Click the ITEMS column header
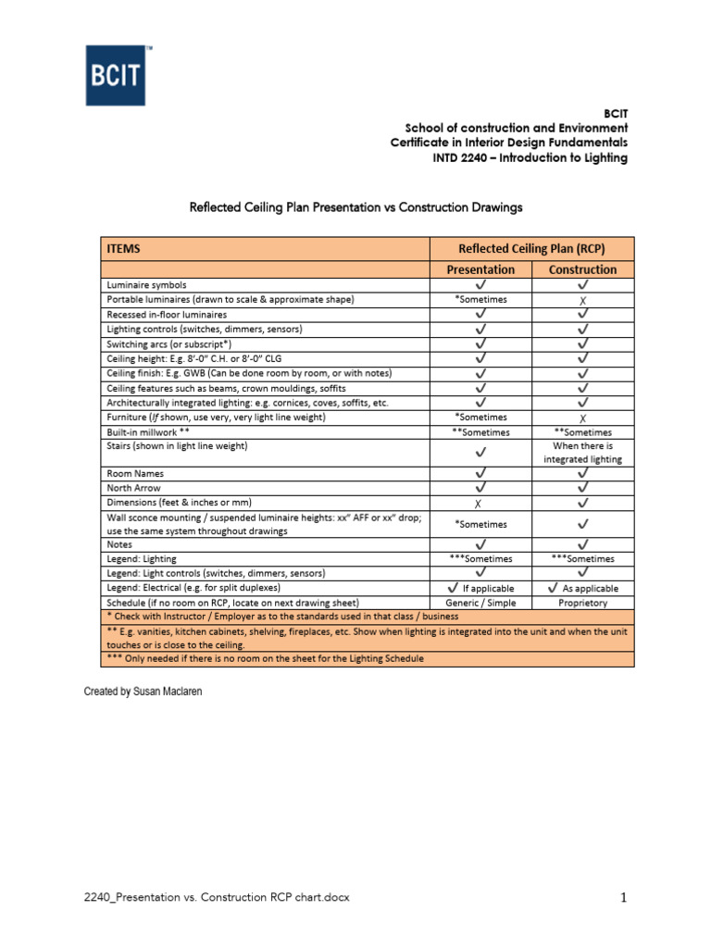123,248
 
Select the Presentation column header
480,269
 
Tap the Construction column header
582,269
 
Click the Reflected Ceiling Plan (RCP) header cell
531,248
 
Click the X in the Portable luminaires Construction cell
582,301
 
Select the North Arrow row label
133,488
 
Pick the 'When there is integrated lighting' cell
582,453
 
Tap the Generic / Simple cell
480,603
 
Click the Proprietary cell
582,603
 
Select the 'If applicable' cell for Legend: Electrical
480,588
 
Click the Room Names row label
135,473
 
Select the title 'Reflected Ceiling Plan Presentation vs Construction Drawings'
355,207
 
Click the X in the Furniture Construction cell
582,418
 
